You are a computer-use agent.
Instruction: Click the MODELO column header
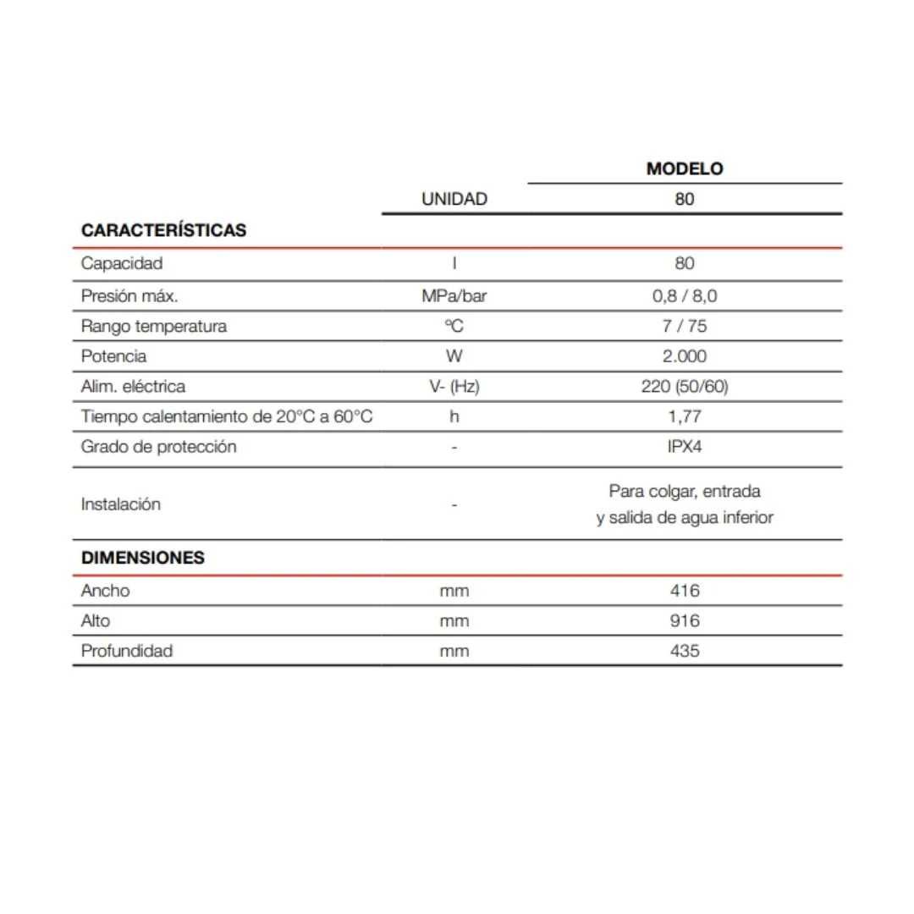pos(685,168)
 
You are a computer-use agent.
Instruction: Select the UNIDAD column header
pos(454,199)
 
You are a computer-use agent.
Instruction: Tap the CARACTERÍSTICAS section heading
pos(163,230)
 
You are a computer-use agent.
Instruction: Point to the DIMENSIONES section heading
pos(142,558)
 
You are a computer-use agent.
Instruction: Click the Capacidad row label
pos(121,263)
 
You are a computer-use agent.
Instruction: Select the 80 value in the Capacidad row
pos(685,263)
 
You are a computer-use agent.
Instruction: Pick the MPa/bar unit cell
pos(454,296)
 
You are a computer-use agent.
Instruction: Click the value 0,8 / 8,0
pos(685,296)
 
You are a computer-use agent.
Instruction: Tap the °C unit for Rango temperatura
pos(454,326)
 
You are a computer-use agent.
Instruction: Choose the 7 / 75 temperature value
pos(685,326)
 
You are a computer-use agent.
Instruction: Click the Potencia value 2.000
pos(685,356)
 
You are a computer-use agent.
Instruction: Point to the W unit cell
pos(454,356)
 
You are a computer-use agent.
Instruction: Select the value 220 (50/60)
pos(685,387)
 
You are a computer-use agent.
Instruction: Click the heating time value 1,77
pos(685,416)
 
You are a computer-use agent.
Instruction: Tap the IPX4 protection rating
pos(685,447)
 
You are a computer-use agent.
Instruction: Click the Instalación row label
pos(120,504)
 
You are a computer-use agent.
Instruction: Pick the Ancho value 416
pos(685,591)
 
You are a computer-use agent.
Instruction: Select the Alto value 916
pos(685,621)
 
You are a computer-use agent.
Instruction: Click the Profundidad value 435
pos(685,651)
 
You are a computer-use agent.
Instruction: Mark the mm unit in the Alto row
pos(454,621)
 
